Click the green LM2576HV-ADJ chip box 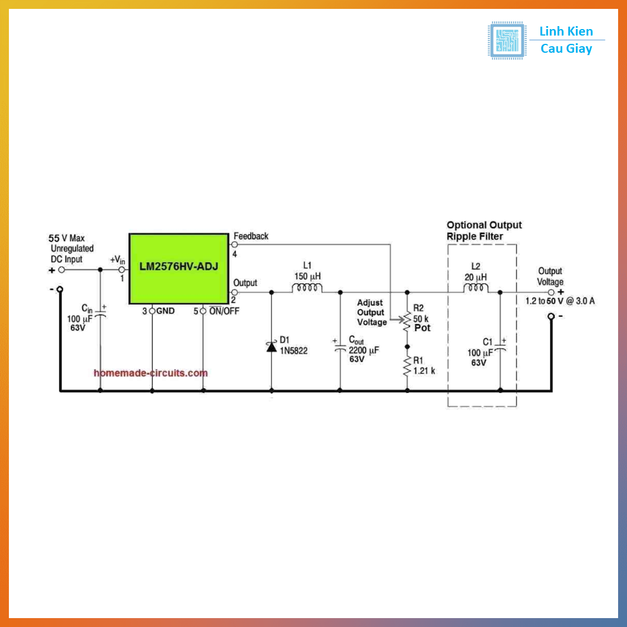tap(178, 268)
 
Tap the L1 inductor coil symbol tap(306, 289)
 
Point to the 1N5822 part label tap(294, 351)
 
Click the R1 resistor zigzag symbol tap(407, 366)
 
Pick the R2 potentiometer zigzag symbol tap(407, 322)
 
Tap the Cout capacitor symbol tap(340, 350)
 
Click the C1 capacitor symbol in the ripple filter tap(500, 350)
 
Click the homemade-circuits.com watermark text tap(151, 373)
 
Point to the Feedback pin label tap(251, 236)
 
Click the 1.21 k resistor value tap(424, 370)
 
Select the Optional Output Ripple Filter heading tap(484, 231)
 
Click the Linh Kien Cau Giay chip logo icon tap(507, 40)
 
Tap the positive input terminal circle tap(61, 270)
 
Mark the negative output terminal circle tap(551, 316)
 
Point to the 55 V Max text tap(66, 238)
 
